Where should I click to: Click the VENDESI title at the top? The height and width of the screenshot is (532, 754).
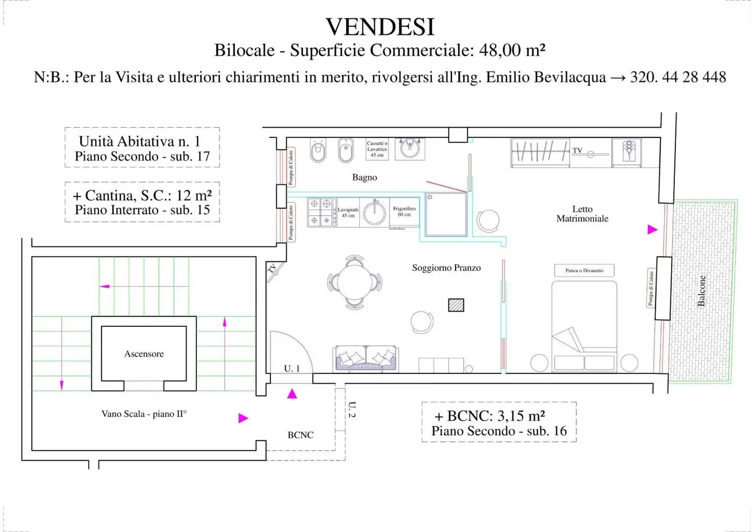[x=380, y=27]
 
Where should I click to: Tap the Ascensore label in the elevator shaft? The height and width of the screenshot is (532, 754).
[x=144, y=354]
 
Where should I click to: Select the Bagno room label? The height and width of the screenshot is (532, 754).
[x=364, y=177]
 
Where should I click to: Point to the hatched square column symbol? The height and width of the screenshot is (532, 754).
[x=456, y=305]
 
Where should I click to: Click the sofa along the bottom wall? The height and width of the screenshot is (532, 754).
[x=366, y=359]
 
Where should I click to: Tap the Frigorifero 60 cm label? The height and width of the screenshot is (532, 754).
[x=404, y=212]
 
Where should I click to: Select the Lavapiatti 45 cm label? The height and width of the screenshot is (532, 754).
[x=348, y=212]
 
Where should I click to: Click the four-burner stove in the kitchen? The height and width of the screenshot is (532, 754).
[x=321, y=212]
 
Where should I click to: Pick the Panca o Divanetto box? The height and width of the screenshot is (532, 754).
[x=584, y=271]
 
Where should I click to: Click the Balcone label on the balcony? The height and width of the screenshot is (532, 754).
[x=701, y=291]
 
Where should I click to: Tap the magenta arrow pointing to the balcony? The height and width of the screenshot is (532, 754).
[x=653, y=230]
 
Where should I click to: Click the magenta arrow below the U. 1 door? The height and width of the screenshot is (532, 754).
[x=292, y=394]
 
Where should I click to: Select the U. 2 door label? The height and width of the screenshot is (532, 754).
[x=352, y=409]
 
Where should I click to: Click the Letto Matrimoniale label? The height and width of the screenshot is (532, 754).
[x=582, y=214]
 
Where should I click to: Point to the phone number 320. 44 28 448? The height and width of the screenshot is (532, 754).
[x=678, y=77]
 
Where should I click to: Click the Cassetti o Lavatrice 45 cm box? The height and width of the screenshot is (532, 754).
[x=377, y=149]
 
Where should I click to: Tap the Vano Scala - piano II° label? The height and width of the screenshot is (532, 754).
[x=144, y=414]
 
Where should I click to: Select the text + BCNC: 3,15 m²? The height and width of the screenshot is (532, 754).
[x=490, y=416]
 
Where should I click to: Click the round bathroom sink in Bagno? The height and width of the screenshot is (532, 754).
[x=409, y=149]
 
